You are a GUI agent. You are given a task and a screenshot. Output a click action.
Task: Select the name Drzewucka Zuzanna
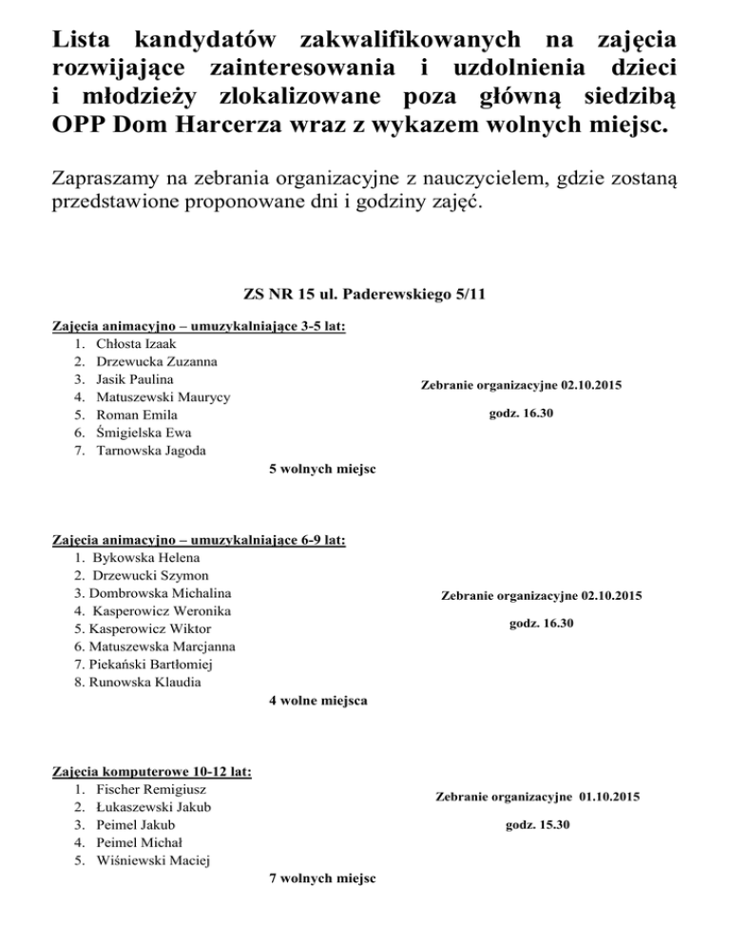click(x=155, y=361)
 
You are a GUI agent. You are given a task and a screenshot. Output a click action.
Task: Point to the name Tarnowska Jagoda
click(x=151, y=451)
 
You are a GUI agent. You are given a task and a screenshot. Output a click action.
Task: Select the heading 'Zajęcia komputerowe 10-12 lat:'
click(x=150, y=771)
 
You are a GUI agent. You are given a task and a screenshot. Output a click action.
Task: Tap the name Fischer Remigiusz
click(x=152, y=789)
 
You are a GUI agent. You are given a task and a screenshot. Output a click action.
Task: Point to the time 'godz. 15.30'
click(x=537, y=823)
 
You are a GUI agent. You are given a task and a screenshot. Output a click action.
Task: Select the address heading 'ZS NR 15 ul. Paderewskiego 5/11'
click(x=364, y=295)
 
